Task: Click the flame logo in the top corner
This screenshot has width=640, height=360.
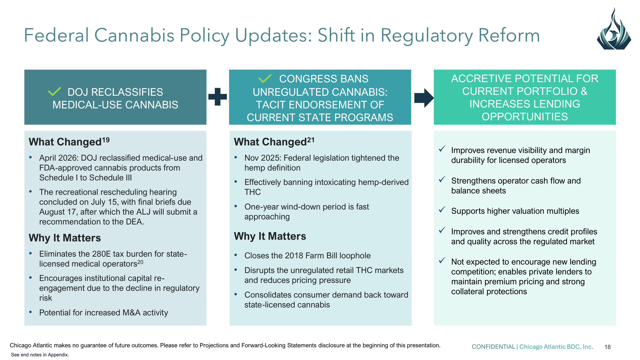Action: [x=614, y=29]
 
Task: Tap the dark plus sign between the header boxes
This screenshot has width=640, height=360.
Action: [x=217, y=97]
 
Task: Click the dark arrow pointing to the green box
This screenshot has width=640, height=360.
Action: [x=424, y=98]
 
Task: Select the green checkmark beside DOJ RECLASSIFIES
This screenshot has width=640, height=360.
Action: [x=54, y=91]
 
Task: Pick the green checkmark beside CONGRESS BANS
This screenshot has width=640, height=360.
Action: [x=265, y=78]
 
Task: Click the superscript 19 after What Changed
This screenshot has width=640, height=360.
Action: [x=106, y=140]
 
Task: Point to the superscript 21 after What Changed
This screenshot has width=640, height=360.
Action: [x=311, y=140]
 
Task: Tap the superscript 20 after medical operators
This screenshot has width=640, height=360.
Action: [x=140, y=262]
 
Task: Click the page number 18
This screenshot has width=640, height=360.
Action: [x=608, y=347]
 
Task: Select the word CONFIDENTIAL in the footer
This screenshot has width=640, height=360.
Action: [x=493, y=347]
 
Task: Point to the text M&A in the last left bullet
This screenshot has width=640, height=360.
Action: [x=131, y=313]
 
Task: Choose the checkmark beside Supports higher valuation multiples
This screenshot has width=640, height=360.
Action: [x=442, y=210]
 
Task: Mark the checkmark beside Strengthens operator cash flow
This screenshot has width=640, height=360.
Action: [x=442, y=179]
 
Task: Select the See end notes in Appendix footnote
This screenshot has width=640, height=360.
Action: [x=40, y=355]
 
